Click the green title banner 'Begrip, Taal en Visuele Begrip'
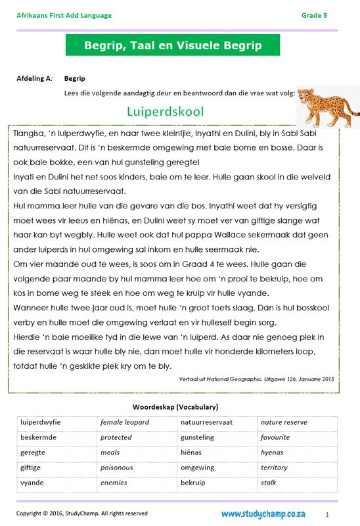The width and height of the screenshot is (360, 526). pyautogui.click(x=173, y=45)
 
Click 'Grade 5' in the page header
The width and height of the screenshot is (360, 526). pyautogui.click(x=314, y=15)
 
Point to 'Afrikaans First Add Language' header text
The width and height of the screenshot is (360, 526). pyautogui.click(x=64, y=15)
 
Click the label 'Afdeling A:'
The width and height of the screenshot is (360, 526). pyautogui.click(x=34, y=79)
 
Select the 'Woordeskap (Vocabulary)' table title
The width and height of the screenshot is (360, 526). pyautogui.click(x=175, y=407)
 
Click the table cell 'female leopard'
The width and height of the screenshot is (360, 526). pyautogui.click(x=125, y=422)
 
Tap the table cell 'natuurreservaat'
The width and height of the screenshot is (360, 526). pyautogui.click(x=206, y=422)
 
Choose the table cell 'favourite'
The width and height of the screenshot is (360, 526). pyautogui.click(x=275, y=437)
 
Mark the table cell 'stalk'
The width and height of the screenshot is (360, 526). pyautogui.click(x=269, y=483)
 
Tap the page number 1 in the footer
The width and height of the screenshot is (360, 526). pyautogui.click(x=326, y=514)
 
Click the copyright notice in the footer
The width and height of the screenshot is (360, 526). pyautogui.click(x=82, y=514)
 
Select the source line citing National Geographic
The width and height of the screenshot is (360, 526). pyautogui.click(x=257, y=379)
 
